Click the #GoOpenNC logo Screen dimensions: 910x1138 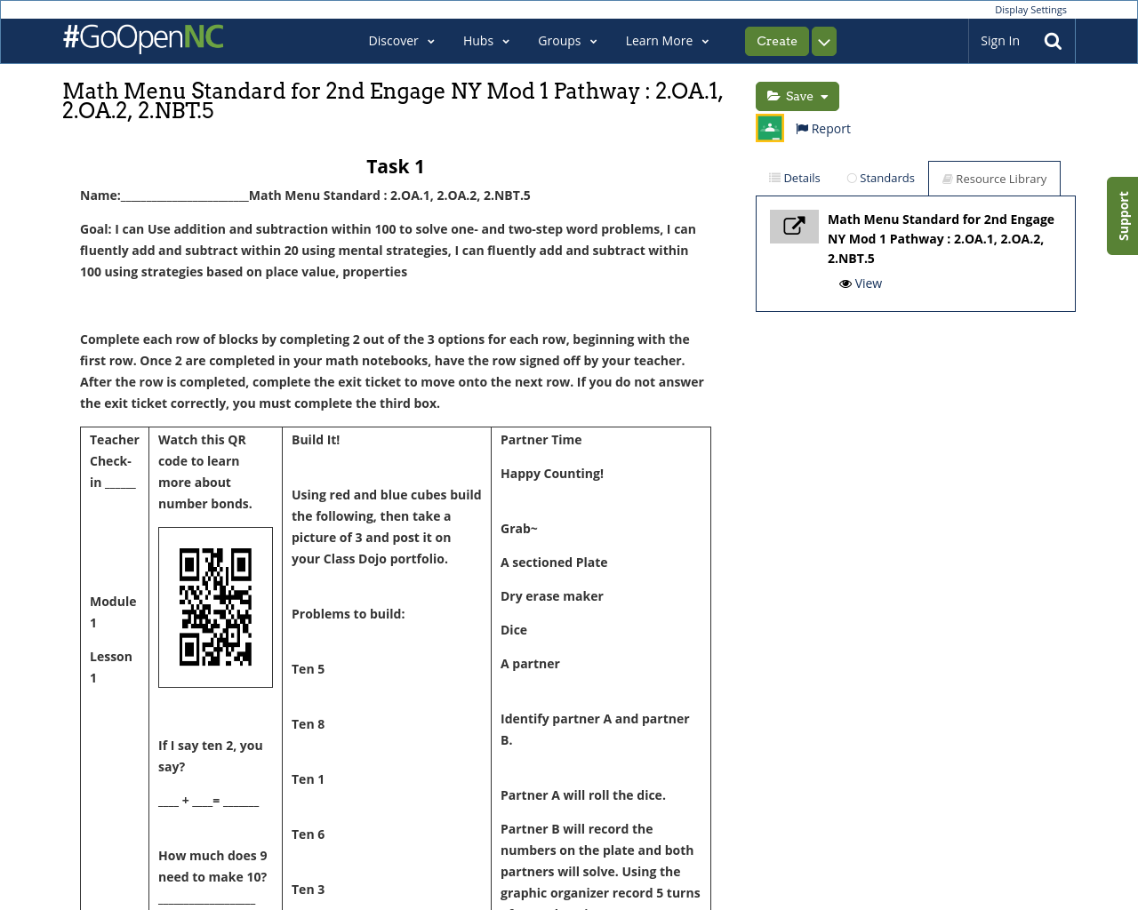[x=143, y=38]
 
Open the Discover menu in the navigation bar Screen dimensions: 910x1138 [x=401, y=41]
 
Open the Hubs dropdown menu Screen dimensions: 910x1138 [x=485, y=41]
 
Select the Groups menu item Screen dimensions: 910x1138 [x=567, y=41]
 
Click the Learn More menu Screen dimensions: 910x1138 [x=667, y=41]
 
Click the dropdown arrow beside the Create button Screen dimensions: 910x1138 [x=824, y=42]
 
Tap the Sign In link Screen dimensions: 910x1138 [x=999, y=41]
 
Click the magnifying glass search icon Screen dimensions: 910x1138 [x=1053, y=41]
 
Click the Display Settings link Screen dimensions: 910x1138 [x=1030, y=10]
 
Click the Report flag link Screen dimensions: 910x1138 [x=823, y=129]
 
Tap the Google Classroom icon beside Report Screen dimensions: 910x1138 [x=770, y=128]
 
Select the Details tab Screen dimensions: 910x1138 [x=795, y=178]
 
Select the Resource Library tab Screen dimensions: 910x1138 [x=994, y=179]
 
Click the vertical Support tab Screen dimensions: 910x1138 [x=1123, y=216]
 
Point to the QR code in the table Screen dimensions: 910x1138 [x=215, y=607]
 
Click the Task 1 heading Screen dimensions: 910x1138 [x=395, y=167]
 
